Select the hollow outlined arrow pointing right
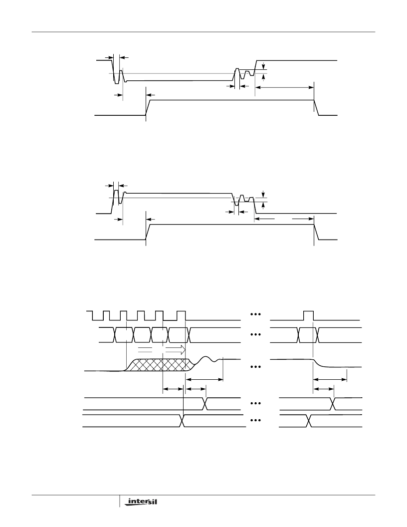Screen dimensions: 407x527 [176, 349]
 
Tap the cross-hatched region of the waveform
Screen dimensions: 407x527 [160, 365]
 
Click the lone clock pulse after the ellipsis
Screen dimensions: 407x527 [308, 315]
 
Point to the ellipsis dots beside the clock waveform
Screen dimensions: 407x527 [255, 314]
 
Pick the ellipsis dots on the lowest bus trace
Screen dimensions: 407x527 [255, 420]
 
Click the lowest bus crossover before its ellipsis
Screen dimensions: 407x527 [183, 421]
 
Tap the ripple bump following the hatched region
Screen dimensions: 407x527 [206, 360]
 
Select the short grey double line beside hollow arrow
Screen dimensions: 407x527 [145, 349]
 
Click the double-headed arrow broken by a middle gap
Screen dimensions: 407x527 [284, 219]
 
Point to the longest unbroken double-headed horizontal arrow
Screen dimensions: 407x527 [284, 87]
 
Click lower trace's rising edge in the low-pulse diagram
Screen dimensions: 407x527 [148, 108]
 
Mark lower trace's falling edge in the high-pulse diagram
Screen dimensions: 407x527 [316, 232]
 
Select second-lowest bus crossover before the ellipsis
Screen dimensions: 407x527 [205, 404]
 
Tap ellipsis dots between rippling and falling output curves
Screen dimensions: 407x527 [255, 367]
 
